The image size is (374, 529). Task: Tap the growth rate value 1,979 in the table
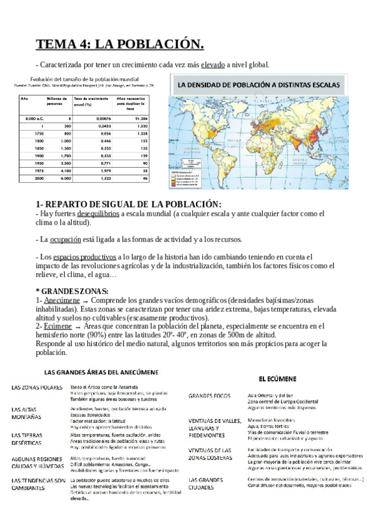(93, 171)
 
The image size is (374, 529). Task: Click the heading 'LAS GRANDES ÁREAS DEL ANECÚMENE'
(101, 372)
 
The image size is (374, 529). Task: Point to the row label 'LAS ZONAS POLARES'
(36, 387)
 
